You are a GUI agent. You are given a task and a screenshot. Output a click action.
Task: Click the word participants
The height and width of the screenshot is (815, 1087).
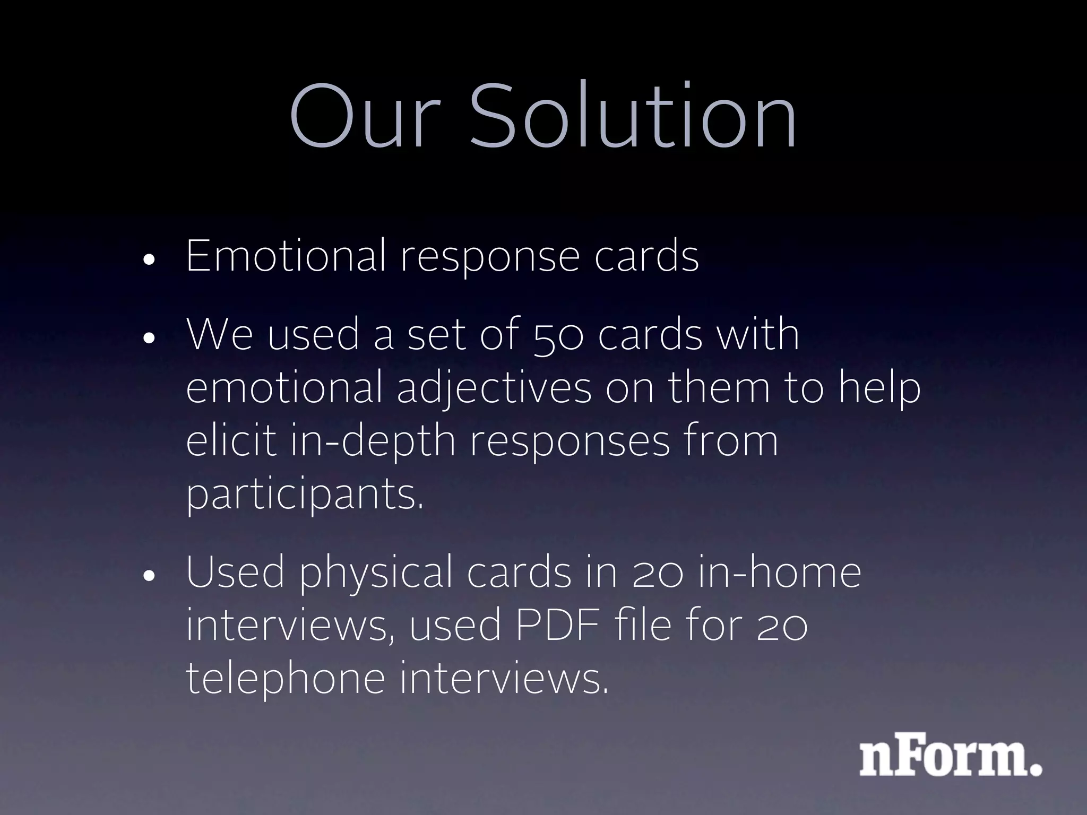coord(305,495)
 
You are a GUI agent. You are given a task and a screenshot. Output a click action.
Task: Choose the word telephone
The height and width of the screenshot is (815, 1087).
coord(285,679)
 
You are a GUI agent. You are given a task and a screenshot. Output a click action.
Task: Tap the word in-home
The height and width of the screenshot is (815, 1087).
coord(780,573)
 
